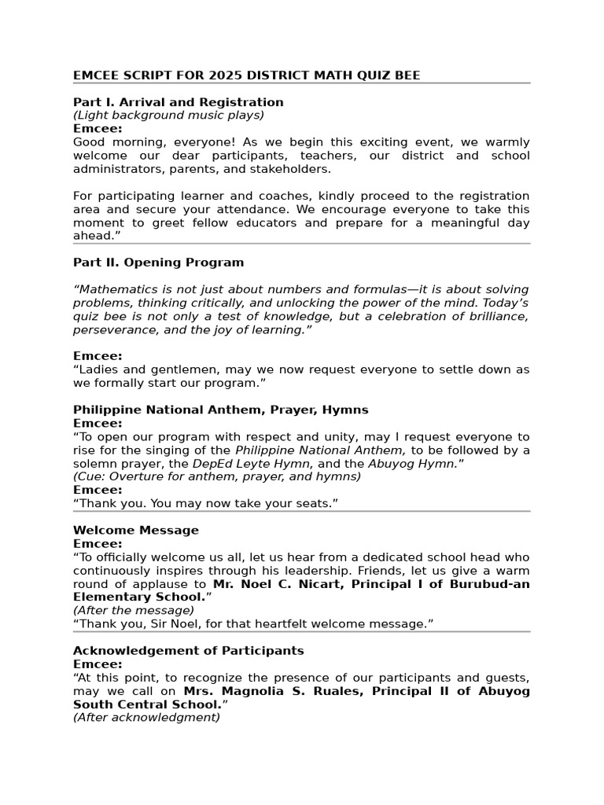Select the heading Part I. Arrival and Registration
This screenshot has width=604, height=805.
[x=178, y=102]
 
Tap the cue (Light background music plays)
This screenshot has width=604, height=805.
[x=168, y=116]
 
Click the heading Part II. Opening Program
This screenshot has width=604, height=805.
[x=158, y=263]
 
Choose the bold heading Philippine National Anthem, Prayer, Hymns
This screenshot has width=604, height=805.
[x=220, y=410]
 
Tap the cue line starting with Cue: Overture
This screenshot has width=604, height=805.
[x=217, y=476]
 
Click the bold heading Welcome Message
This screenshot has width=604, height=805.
[x=135, y=530]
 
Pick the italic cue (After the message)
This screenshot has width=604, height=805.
[x=133, y=610]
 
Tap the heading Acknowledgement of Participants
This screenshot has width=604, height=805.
[x=188, y=651]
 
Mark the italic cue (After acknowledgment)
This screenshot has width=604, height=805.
[x=146, y=717]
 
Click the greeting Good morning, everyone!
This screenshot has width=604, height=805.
[x=142, y=142]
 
